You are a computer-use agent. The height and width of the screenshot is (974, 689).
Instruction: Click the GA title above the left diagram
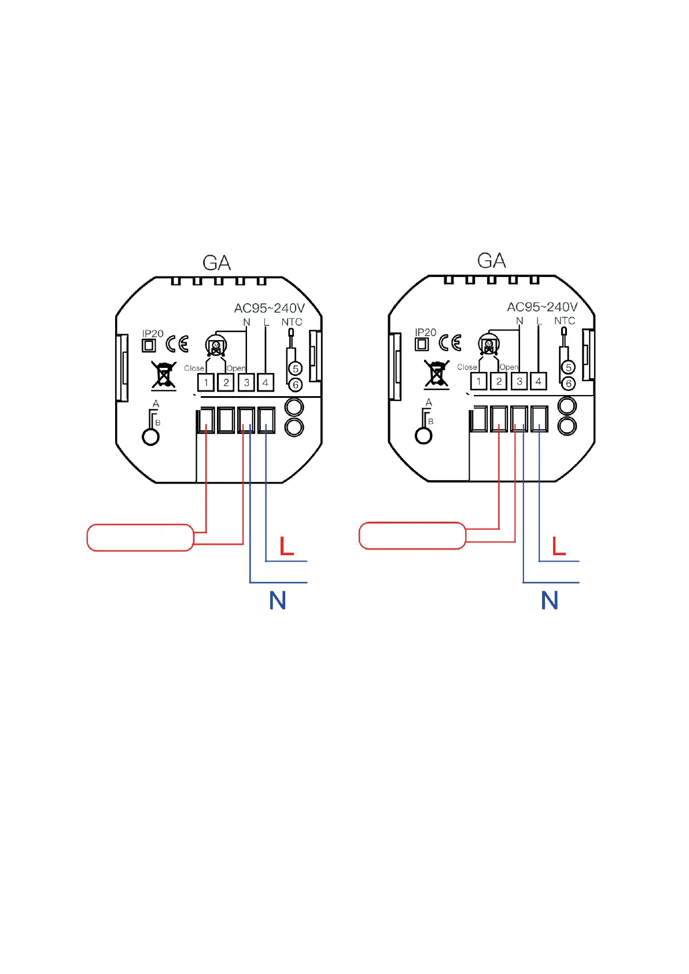coord(217,263)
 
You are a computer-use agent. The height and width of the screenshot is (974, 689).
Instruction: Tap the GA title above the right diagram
coord(492,261)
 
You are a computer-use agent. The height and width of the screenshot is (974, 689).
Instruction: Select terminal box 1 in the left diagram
coord(206,382)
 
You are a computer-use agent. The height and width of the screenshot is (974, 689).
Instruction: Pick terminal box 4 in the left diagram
coord(266,382)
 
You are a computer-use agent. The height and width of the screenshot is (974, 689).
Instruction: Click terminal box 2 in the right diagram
coord(499,381)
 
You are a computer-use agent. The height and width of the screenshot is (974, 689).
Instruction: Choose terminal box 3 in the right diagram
coord(519,381)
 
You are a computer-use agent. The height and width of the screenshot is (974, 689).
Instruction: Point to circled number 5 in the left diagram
coord(296,368)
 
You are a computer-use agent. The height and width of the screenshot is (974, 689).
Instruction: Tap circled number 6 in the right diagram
coord(569,383)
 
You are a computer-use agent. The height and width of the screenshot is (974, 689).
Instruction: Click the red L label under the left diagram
coord(286,546)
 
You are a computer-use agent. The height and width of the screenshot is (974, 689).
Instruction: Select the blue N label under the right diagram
coord(550,600)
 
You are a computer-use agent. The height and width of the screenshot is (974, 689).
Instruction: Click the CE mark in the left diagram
coord(177,344)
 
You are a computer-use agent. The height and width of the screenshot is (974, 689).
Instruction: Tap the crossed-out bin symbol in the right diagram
coord(437,373)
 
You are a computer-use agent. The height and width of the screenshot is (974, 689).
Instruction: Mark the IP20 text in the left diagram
coord(153,334)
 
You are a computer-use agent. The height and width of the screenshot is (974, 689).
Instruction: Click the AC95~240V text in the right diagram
coord(542,307)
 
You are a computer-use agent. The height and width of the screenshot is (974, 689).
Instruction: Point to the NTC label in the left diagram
coord(292,322)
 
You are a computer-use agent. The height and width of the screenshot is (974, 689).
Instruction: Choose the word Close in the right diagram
coord(467,367)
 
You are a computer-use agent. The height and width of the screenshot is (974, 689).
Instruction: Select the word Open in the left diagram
coord(236,368)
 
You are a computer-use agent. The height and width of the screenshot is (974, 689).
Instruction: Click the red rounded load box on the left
coord(140,538)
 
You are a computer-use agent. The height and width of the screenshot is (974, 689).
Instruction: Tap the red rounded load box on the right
coord(412,536)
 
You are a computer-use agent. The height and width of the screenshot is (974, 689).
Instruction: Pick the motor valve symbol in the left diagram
coord(216,347)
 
